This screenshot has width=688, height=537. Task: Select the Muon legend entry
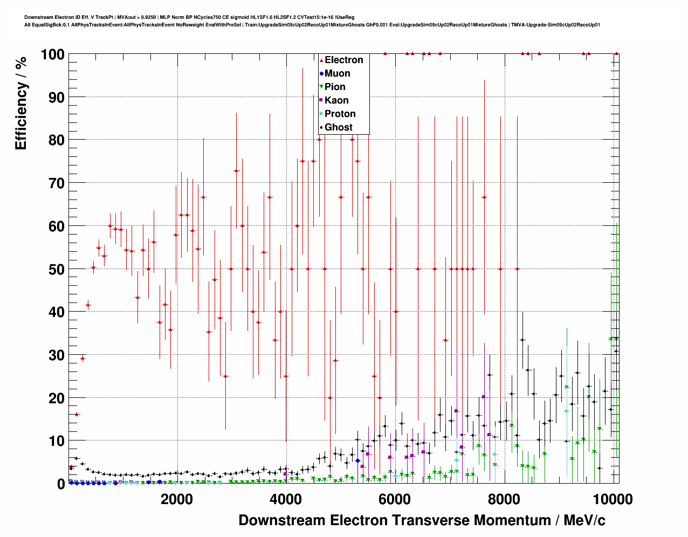click(x=337, y=73)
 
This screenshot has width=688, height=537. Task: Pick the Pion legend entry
click(x=335, y=87)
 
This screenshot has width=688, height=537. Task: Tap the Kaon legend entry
click(x=336, y=100)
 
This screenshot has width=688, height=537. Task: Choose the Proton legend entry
click(x=340, y=114)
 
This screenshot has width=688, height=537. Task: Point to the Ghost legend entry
click(x=338, y=127)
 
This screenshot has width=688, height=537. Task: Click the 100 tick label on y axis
click(x=52, y=54)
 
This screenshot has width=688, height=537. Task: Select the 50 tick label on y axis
click(x=56, y=269)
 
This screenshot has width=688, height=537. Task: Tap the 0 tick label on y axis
click(x=60, y=484)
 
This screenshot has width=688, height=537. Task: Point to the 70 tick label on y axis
click(x=56, y=183)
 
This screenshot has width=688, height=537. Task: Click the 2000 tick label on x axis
click(x=176, y=499)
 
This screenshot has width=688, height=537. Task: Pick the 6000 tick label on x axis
click(x=395, y=499)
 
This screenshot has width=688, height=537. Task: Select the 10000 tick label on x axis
click(x=613, y=499)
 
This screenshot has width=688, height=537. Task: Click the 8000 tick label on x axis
click(x=504, y=499)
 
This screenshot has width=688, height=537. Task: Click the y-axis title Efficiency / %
click(x=21, y=103)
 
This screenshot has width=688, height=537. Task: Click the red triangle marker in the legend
click(x=321, y=60)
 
